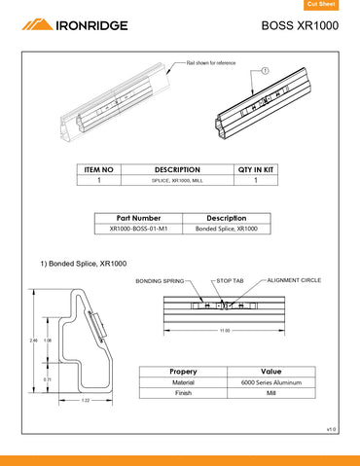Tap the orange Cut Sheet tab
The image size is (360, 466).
coord(334,6)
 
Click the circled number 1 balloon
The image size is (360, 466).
coord(265,71)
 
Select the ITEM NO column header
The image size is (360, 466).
coord(99,169)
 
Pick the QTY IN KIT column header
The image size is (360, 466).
coord(256,169)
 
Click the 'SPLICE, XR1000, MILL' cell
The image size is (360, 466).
coord(177,181)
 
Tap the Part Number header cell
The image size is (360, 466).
coord(138,218)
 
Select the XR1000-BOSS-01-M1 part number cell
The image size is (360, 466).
coord(138,229)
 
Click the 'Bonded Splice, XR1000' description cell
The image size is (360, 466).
coord(226,229)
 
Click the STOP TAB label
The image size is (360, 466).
coord(232,280)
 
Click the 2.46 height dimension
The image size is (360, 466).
coord(34,341)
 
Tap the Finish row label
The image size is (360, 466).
coord(183,393)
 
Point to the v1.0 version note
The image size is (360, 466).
coord(331,428)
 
